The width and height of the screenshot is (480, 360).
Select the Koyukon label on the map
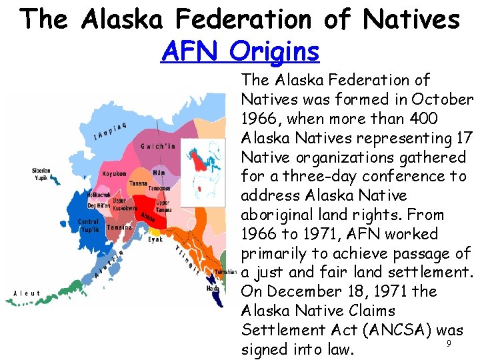[114, 174]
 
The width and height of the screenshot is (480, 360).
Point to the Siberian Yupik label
[41, 174]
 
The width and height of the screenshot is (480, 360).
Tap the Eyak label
[155, 239]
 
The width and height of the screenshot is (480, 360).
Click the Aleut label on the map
[27, 293]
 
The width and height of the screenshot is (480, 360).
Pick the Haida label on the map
[212, 288]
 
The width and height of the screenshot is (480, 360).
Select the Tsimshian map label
[226, 271]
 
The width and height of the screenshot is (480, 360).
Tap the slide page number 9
[449, 343]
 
